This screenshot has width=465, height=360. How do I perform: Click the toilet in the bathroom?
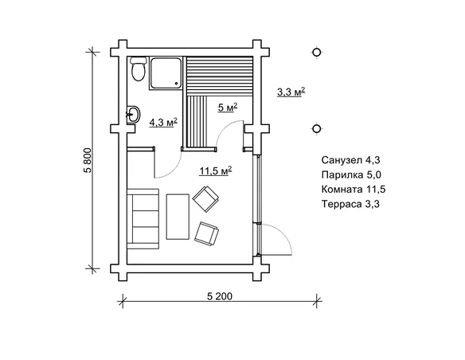(137, 70)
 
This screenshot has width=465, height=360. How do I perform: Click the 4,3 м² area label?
(163, 122)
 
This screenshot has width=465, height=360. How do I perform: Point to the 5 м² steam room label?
(227, 107)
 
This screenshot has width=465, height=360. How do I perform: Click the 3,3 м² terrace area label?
(291, 92)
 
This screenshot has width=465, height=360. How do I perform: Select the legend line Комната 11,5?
(353, 190)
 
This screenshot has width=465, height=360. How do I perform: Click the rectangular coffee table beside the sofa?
(177, 215)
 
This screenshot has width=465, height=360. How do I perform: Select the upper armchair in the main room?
(205, 198)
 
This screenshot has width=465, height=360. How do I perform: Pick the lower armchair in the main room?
(208, 233)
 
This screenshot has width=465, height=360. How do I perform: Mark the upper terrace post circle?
(317, 53)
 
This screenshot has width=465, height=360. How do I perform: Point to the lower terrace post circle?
(317, 128)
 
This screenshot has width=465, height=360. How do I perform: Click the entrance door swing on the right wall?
(275, 237)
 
